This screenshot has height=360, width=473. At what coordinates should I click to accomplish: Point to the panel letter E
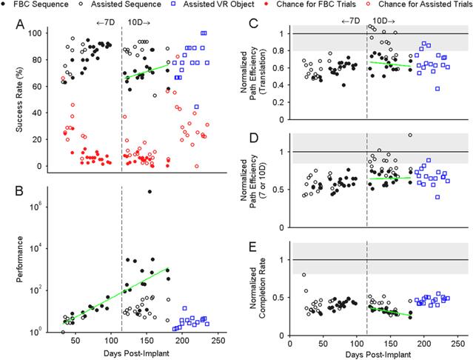[x=253, y=247]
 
